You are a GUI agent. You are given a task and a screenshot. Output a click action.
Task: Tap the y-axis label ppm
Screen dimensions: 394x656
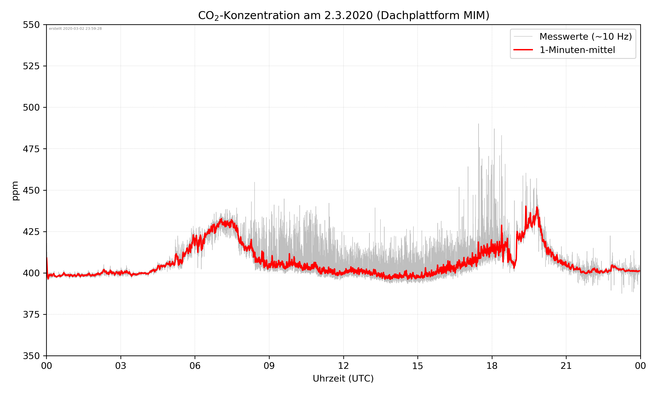[x=15, y=191]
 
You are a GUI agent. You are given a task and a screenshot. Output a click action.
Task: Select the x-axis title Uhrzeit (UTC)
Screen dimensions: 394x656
[x=343, y=378]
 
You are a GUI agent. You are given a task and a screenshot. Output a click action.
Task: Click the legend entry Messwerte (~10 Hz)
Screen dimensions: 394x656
[x=585, y=37]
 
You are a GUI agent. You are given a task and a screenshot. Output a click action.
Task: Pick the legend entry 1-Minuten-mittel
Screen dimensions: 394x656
[x=577, y=50]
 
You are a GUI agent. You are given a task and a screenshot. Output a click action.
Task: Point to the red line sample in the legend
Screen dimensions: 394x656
[x=523, y=50]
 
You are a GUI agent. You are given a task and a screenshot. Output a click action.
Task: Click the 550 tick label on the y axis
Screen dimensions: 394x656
[x=31, y=25]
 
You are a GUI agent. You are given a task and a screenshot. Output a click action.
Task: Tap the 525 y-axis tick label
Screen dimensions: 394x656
[x=31, y=66]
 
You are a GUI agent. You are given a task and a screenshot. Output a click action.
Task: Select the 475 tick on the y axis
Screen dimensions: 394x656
[x=31, y=149]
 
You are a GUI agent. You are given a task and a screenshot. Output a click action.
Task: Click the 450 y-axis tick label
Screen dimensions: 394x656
[x=31, y=190]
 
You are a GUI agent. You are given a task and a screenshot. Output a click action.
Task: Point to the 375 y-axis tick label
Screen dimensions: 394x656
[x=31, y=315]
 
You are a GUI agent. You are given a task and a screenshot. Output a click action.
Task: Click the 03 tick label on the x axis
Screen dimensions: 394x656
[x=121, y=366]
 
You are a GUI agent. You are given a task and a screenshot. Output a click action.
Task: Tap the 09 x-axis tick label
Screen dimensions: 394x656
[x=269, y=366]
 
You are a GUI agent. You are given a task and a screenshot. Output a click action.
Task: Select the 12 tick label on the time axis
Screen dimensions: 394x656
[x=343, y=366]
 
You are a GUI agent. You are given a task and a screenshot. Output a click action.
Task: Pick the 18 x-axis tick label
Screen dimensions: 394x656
[x=492, y=366]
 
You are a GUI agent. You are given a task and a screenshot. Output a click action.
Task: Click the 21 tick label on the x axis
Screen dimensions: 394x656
[x=566, y=366]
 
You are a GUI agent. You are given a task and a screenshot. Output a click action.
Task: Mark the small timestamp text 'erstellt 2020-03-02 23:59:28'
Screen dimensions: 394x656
[x=75, y=29]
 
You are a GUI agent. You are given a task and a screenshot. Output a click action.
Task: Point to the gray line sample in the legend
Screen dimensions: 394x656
[x=523, y=36]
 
